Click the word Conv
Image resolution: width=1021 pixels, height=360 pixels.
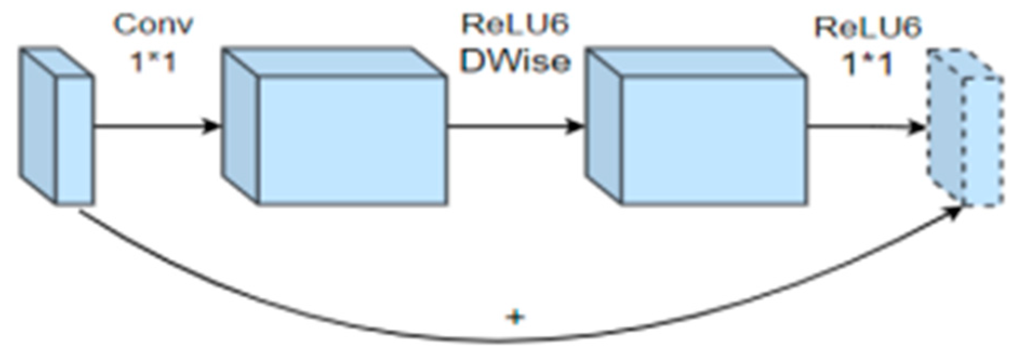tap(154, 25)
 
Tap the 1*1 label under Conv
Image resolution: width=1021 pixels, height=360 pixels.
tap(153, 63)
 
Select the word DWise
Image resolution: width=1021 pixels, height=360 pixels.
tap(515, 62)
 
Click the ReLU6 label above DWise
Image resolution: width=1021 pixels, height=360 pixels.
tap(515, 24)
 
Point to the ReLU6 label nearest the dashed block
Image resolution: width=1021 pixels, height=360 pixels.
tap(867, 28)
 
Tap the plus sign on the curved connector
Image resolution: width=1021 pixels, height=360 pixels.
tap(515, 317)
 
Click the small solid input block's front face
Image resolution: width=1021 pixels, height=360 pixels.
tap(75, 141)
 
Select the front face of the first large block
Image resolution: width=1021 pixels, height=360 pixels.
tap(352, 141)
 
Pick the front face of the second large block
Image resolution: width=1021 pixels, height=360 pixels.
tap(713, 141)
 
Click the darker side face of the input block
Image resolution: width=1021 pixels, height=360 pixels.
tap(39, 124)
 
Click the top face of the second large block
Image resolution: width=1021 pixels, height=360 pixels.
tap(697, 62)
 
